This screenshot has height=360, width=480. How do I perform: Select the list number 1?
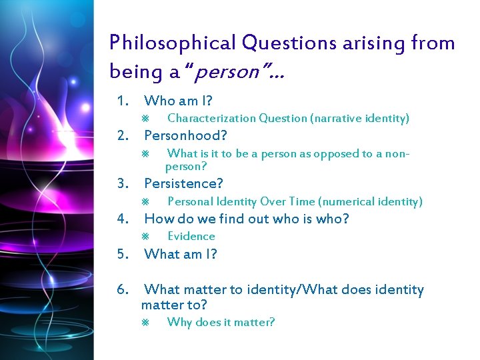(x=121, y=101)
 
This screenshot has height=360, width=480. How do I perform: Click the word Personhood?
(x=186, y=136)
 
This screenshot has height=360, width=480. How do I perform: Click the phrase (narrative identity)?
(x=359, y=119)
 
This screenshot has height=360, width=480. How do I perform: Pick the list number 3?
(x=121, y=183)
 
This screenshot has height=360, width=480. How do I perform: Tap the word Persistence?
(x=183, y=183)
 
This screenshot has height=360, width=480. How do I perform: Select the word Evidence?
(x=191, y=236)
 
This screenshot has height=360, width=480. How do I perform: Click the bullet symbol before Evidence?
(x=146, y=237)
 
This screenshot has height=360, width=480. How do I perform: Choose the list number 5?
(x=121, y=254)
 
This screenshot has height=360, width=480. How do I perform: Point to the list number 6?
(x=122, y=290)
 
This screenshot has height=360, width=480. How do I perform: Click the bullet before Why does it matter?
(x=146, y=323)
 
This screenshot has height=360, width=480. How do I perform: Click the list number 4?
(x=121, y=219)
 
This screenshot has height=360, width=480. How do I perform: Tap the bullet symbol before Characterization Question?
(x=146, y=119)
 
